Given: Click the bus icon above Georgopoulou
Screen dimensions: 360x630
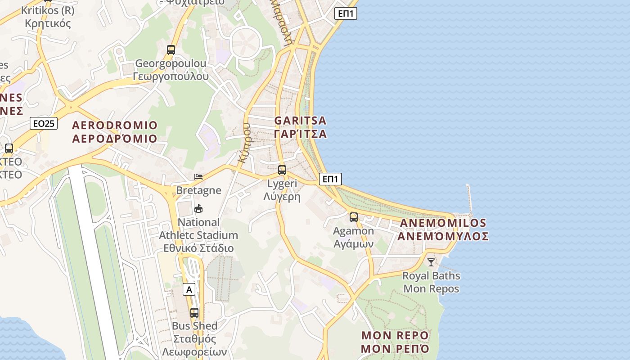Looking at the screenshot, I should click(x=171, y=50).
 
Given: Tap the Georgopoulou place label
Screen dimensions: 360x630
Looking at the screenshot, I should click(x=171, y=70).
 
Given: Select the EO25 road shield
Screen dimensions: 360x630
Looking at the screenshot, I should click(x=44, y=123).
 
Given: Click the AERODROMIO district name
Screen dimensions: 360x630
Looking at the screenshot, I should click(x=115, y=131).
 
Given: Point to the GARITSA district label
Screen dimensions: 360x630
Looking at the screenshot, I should click(x=300, y=127).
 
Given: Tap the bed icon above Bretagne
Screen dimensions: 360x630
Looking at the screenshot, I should click(x=198, y=176).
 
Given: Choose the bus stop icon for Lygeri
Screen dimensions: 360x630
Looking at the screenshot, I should click(x=282, y=170).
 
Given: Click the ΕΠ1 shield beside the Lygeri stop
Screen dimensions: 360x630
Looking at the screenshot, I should click(x=330, y=179).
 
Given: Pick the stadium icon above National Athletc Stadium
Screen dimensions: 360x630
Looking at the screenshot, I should click(x=198, y=208).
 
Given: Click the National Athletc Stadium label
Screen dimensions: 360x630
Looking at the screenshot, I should click(x=198, y=235).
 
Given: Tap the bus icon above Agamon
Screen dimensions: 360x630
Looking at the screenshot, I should click(x=354, y=217).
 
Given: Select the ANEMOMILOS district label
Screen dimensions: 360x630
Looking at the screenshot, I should click(x=443, y=229).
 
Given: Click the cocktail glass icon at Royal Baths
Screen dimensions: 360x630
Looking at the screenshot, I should click(x=431, y=262).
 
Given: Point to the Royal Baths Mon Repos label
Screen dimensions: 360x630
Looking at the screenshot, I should click(x=431, y=282).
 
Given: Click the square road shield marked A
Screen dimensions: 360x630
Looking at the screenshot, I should click(x=189, y=289).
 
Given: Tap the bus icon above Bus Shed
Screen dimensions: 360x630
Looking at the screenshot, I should click(x=194, y=312).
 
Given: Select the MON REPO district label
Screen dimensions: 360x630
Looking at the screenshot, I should click(x=395, y=342).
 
